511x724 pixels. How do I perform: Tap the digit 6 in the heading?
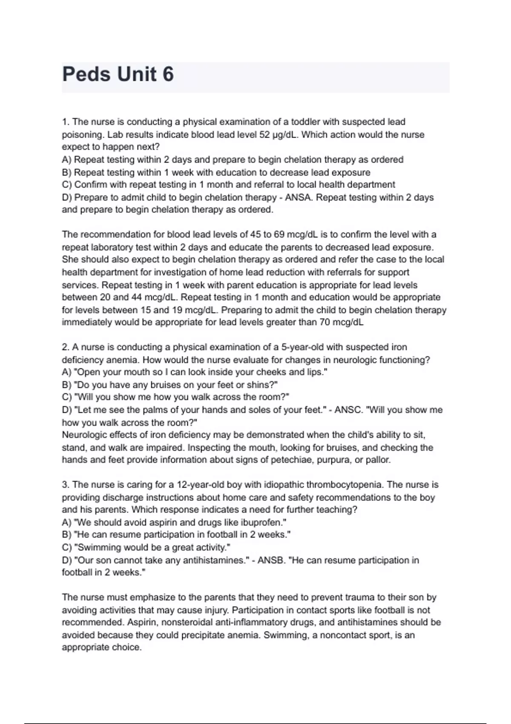tap(168, 75)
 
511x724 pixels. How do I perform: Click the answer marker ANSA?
tap(299, 198)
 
